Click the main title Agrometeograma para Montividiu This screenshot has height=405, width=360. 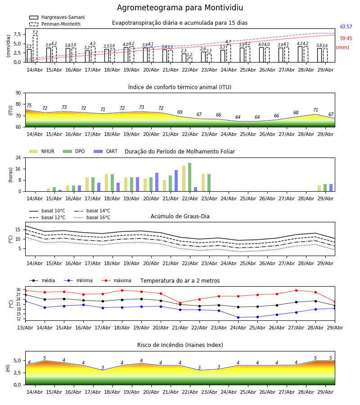pyautogui.click(x=180, y=8)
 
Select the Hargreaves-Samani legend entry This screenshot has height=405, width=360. pyautogui.click(x=57, y=17)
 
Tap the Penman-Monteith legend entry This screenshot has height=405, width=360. pyautogui.click(x=55, y=24)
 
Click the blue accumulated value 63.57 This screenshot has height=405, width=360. pyautogui.click(x=346, y=27)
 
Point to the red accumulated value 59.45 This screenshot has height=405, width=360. pyautogui.click(x=346, y=39)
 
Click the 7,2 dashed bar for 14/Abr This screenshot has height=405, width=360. pyautogui.click(x=35, y=49)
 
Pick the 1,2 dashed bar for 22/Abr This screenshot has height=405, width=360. pyautogui.click(x=190, y=60)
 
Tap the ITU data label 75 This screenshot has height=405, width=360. pyautogui.click(x=29, y=105)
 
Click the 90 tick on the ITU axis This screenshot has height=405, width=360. pyautogui.click(x=18, y=93)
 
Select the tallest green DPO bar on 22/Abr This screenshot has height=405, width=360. pyautogui.click(x=189, y=177)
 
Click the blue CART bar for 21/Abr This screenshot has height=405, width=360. pyautogui.click(x=176, y=181)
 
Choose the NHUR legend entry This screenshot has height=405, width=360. pyautogui.click(x=42, y=151)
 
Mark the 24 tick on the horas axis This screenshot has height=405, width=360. pyautogui.click(x=18, y=157)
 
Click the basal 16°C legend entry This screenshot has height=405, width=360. pyautogui.click(x=92, y=217)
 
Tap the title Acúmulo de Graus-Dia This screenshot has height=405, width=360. pyautogui.click(x=180, y=216)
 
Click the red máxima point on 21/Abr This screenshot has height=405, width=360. pyautogui.click(x=180, y=303)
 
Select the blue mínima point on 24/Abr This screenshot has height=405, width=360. pyautogui.click(x=238, y=317)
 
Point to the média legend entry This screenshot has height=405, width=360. pyautogui.click(x=42, y=280)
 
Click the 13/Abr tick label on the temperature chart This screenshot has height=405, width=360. pyautogui.click(x=25, y=328)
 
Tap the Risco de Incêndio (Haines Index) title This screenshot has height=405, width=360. pyautogui.click(x=180, y=345)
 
